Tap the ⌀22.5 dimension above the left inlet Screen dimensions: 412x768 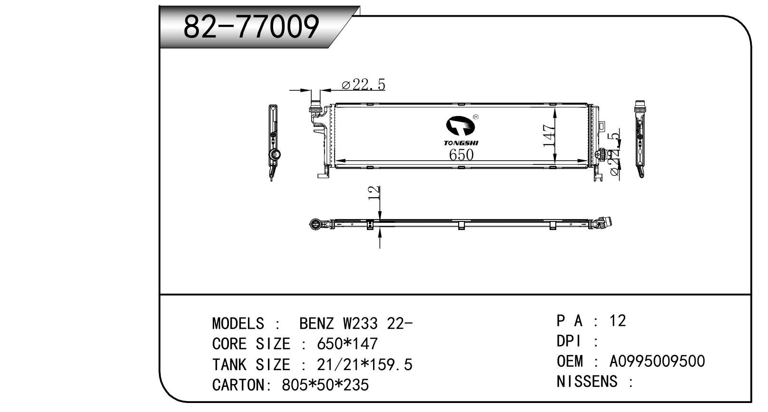click(x=363, y=85)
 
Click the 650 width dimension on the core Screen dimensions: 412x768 click(x=461, y=155)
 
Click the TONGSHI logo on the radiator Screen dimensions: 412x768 click(x=461, y=131)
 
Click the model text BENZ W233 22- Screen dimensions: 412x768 click(x=356, y=324)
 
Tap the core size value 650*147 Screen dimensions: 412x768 click(x=347, y=344)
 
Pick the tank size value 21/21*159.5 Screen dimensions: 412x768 click(x=364, y=364)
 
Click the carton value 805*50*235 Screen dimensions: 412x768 click(x=325, y=384)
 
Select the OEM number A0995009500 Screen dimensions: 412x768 click(x=657, y=361)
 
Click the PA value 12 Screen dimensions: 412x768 click(x=618, y=321)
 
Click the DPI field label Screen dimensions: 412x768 click(x=569, y=341)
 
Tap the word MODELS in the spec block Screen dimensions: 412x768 click(x=238, y=324)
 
